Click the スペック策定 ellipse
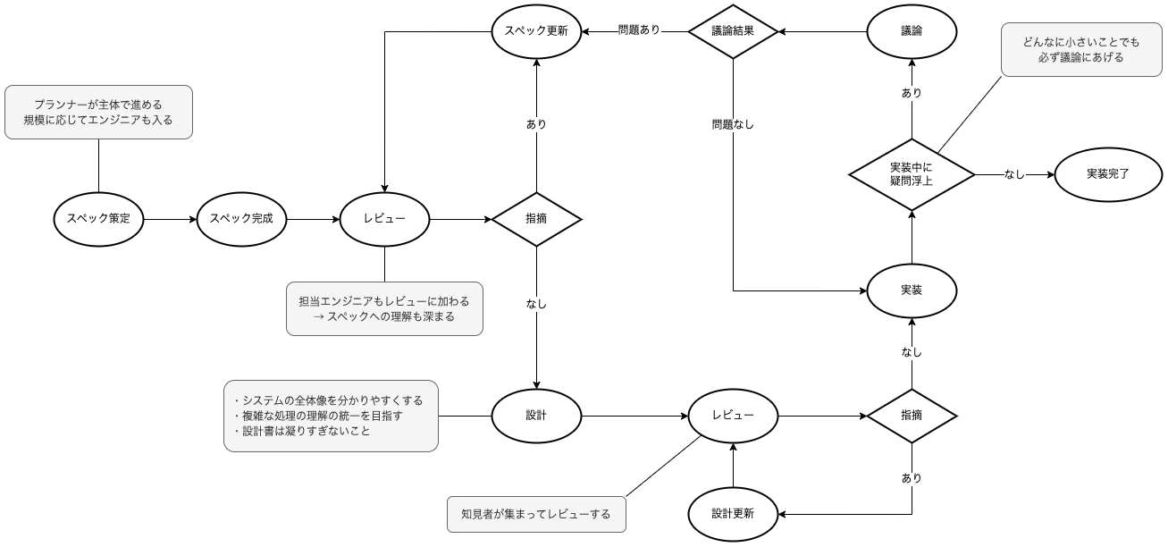(98, 219)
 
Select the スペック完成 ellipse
(241, 219)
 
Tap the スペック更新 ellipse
(536, 31)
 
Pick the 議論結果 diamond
(733, 31)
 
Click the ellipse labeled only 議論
(912, 31)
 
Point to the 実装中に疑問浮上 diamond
(912, 174)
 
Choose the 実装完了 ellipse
(1108, 174)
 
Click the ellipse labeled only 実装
(912, 290)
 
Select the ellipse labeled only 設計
(536, 416)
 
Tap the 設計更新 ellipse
(733, 514)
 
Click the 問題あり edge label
(640, 30)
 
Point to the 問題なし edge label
(733, 125)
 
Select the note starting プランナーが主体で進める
(98, 112)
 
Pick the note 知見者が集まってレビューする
(536, 514)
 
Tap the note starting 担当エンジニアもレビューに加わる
(384, 309)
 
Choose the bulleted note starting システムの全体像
(331, 416)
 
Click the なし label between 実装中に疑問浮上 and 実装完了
(1014, 175)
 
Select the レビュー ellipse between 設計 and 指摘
(733, 416)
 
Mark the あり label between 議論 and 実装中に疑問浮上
(912, 93)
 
